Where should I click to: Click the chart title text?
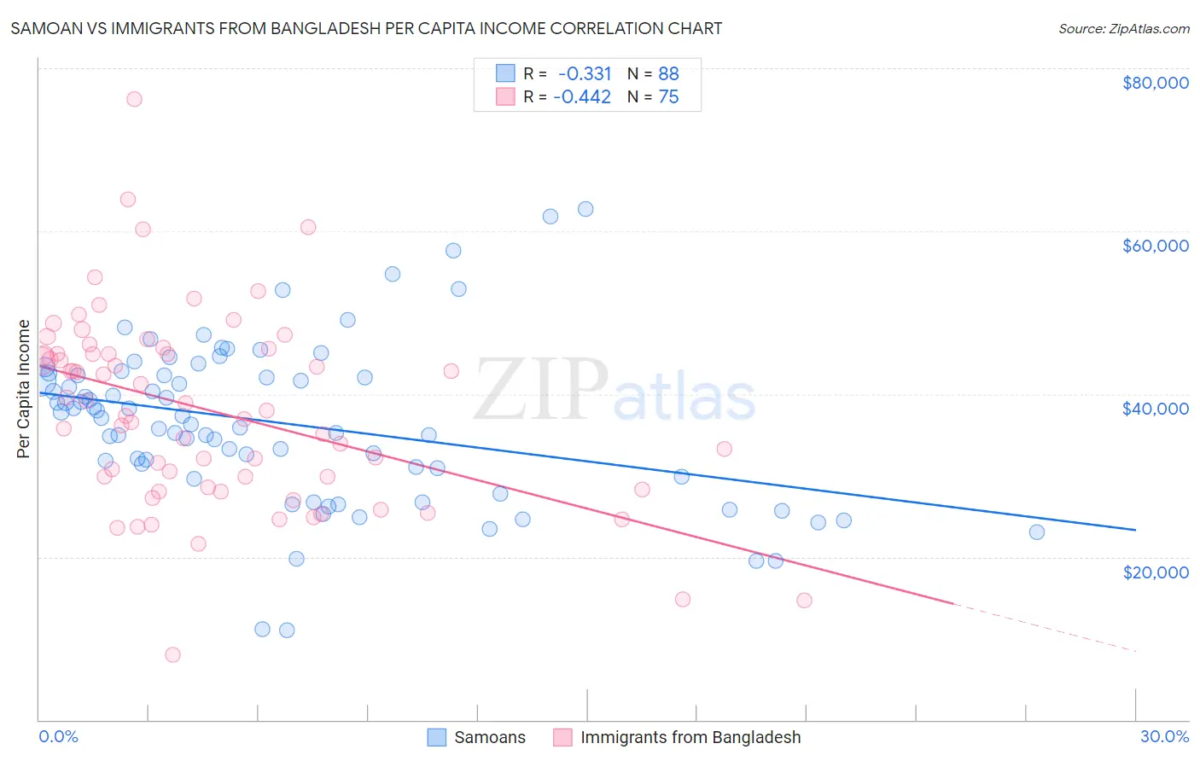[x=365, y=28]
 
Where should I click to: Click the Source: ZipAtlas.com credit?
[x=1123, y=28]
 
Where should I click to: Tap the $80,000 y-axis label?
[x=1155, y=83]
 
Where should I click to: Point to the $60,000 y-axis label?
[x=1155, y=246]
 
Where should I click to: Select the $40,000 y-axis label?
[x=1155, y=409]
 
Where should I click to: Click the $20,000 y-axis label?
[x=1155, y=572]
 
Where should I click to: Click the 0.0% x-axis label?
[x=58, y=736]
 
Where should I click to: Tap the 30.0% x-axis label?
[x=1164, y=736]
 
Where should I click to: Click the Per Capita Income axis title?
[x=24, y=388]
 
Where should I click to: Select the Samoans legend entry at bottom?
[x=489, y=737]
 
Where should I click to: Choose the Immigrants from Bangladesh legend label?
[x=690, y=737]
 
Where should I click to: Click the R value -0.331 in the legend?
[x=584, y=74]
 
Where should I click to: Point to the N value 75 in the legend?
[x=668, y=97]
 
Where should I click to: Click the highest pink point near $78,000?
[x=134, y=99]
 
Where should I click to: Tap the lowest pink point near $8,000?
[x=172, y=654]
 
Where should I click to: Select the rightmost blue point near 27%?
[x=1036, y=532]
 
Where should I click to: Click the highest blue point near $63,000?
[x=585, y=209]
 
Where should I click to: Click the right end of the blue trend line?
[x=1134, y=530]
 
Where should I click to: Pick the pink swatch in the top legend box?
[x=506, y=97]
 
